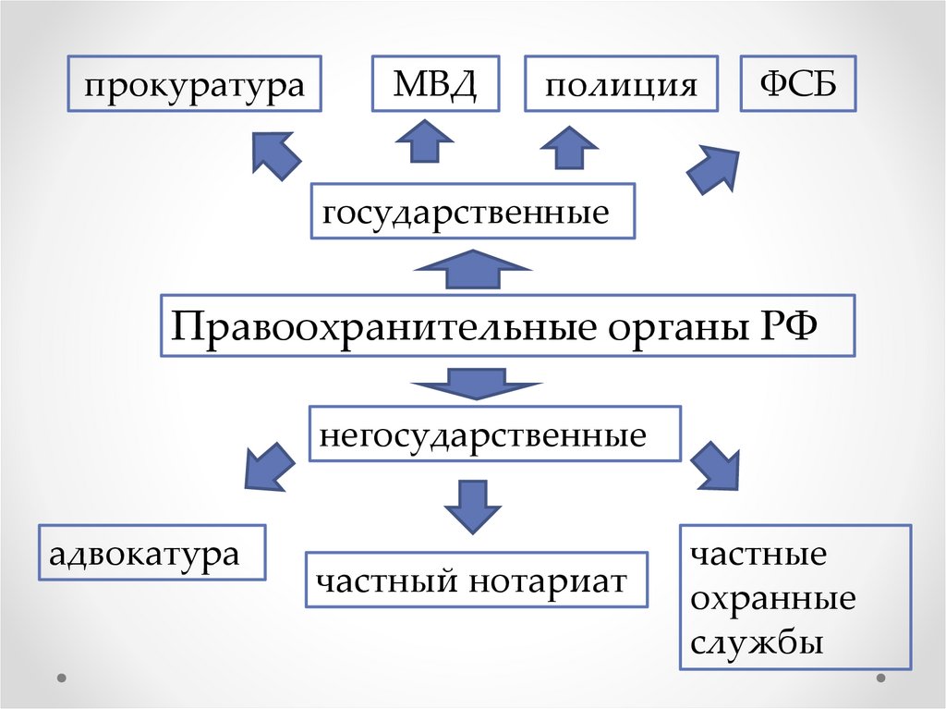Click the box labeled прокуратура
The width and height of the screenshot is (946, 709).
[194, 86]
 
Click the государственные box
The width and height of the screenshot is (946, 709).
[473, 213]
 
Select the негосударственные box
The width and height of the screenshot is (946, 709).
[495, 433]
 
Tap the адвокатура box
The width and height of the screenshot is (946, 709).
[152, 553]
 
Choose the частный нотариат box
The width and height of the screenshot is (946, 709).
[476, 580]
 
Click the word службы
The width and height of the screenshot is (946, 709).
[757, 641]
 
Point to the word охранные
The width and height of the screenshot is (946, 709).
[772, 598]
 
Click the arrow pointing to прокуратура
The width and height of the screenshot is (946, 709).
[276, 153]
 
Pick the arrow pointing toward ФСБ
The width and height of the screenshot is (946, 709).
[713, 168]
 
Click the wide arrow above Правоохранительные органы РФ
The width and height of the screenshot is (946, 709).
[473, 271]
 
